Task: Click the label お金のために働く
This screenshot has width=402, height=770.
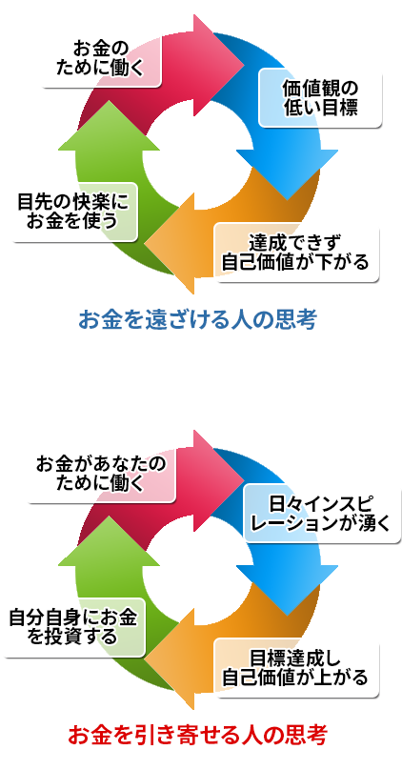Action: coord(100,59)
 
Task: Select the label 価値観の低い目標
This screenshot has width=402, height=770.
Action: coord(320,98)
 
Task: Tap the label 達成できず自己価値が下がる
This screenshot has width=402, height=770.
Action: coord(295,253)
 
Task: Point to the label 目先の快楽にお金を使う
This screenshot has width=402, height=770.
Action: coord(72,213)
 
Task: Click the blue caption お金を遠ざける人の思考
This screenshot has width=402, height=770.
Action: coord(198,320)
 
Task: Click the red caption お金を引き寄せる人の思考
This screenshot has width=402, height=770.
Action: coord(197,736)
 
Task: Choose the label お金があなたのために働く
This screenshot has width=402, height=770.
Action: coord(100,475)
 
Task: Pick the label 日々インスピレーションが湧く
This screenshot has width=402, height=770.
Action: coord(320,514)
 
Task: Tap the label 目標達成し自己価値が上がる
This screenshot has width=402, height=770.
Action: coord(295,668)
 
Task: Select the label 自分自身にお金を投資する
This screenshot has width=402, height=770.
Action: coord(72,628)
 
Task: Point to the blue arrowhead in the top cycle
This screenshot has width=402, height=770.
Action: coord(287,172)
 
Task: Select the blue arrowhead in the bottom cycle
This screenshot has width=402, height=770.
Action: coord(287,587)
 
